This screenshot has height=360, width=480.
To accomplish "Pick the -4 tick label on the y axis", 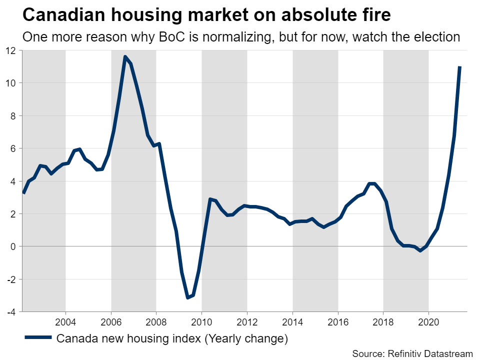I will pyautogui.click(x=11, y=311).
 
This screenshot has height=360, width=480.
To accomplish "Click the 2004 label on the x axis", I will pyautogui.click(x=65, y=320).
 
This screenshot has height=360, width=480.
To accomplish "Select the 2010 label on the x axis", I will pyautogui.click(x=201, y=320).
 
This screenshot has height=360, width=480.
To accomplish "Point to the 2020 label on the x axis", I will pyautogui.click(x=428, y=320).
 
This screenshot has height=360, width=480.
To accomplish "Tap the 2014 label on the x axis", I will pyautogui.click(x=292, y=320).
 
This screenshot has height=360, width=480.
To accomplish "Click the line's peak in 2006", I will pyautogui.click(x=125, y=57).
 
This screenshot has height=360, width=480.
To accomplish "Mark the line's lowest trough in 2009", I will pyautogui.click(x=187, y=297).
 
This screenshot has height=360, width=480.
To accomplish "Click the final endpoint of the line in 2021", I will pyautogui.click(x=459, y=67).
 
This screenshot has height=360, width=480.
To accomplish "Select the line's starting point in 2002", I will pyautogui.click(x=23, y=193).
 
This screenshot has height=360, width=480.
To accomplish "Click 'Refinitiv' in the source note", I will pyautogui.click(x=399, y=353).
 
